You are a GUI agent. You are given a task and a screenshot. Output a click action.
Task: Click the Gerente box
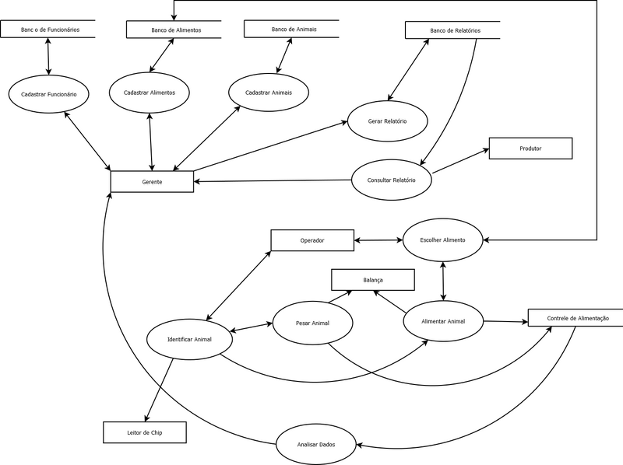coord(152,181)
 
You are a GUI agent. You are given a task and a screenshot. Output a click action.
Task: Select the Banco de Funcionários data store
coord(50,30)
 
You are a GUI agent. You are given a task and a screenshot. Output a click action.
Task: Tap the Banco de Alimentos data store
coord(174,30)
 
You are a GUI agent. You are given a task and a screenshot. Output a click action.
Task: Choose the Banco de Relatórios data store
coord(455,30)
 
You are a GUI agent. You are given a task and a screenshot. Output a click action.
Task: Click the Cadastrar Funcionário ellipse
coord(49,95)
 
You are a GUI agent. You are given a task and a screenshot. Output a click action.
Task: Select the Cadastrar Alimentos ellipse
coord(149,93)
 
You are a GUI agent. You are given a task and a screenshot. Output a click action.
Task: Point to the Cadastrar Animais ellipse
coord(269,93)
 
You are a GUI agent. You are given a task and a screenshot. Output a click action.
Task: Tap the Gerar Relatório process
coord(387,121)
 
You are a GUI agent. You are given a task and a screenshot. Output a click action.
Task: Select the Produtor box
coord(530,148)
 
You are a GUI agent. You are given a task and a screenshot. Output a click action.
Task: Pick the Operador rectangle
coord(312,240)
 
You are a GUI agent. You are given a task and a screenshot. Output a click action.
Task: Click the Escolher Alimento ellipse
coord(442,240)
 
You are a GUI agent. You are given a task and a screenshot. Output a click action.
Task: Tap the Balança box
coord(373,278)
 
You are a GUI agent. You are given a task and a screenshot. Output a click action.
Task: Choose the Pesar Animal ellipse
coord(313,321)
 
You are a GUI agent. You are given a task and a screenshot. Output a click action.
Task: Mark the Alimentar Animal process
coord(443,320)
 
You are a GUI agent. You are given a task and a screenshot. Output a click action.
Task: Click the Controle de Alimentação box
coord(577,318)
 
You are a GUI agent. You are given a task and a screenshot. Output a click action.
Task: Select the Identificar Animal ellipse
coord(189,340)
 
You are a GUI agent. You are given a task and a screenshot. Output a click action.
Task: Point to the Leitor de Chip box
coord(145,432)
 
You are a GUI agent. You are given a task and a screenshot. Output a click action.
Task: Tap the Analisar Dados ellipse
coord(315,443)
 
